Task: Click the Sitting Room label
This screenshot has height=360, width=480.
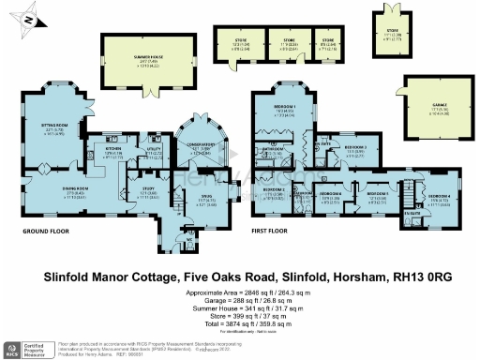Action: [58, 126]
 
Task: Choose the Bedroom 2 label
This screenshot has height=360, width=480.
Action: [274, 190]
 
